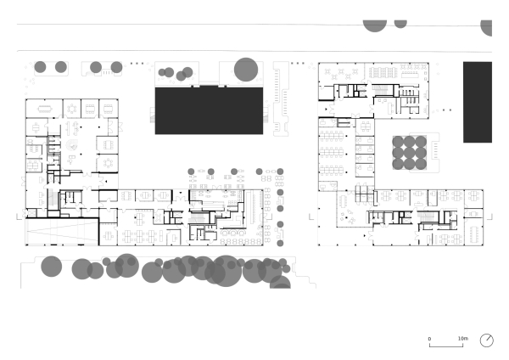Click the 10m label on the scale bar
[462, 338]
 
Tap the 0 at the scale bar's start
[429, 338]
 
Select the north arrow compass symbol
[487, 340]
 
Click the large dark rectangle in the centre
[208, 109]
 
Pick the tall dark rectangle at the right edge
[478, 102]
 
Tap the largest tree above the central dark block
[246, 70]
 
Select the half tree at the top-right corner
[487, 26]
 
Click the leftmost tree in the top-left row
[40, 66]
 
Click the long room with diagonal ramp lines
[61, 230]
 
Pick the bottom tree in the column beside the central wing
[280, 241]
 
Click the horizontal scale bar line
[446, 345]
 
